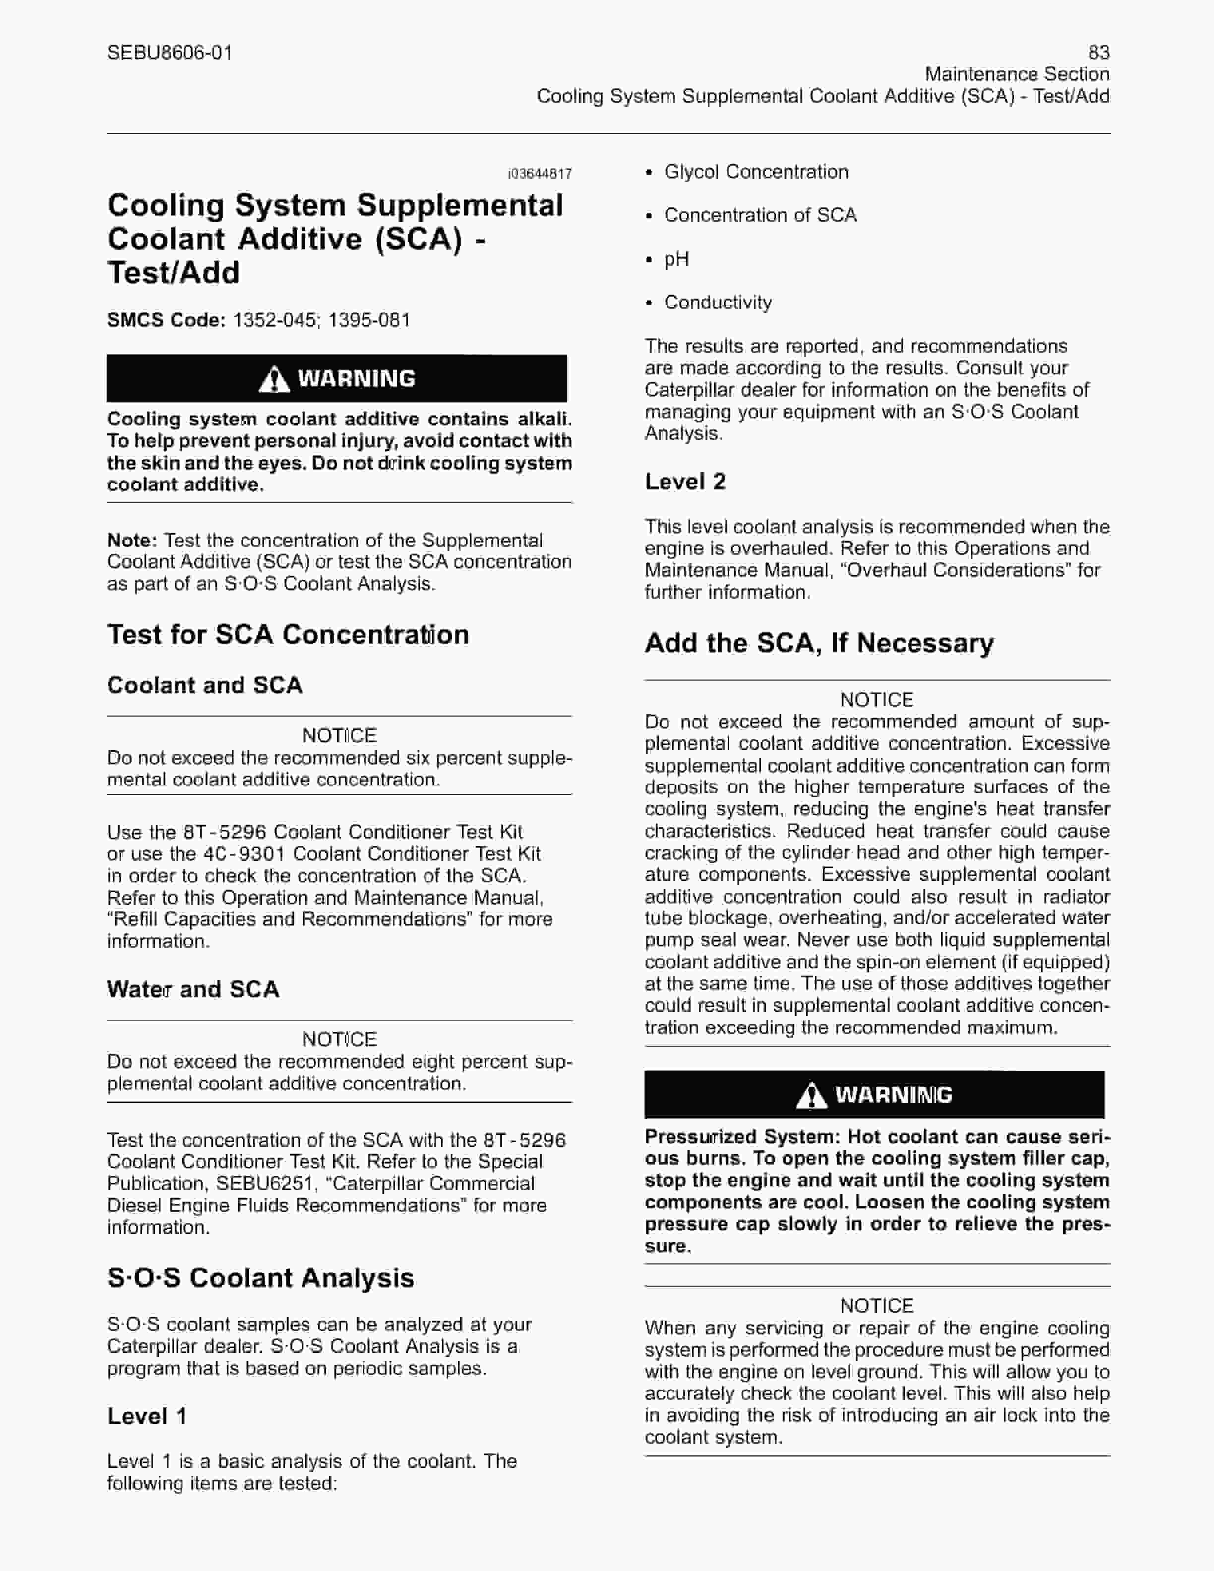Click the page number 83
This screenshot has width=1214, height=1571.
[1098, 53]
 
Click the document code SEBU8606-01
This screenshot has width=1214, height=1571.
[170, 53]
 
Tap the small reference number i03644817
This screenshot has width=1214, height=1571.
[540, 174]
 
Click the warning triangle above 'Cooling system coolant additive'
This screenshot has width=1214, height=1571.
[273, 378]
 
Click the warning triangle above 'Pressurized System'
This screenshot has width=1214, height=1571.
[811, 1095]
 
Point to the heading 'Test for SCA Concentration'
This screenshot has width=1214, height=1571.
[288, 634]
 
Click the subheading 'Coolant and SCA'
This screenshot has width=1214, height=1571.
[204, 685]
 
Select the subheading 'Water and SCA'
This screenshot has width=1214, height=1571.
[193, 989]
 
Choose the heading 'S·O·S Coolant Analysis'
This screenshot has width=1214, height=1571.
[260, 1278]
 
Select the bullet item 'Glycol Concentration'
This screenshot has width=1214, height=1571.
[756, 172]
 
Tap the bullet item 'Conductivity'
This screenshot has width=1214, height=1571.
[718, 303]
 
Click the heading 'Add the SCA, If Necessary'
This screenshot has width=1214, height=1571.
[818, 642]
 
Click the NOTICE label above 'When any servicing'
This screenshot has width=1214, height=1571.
[877, 1306]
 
